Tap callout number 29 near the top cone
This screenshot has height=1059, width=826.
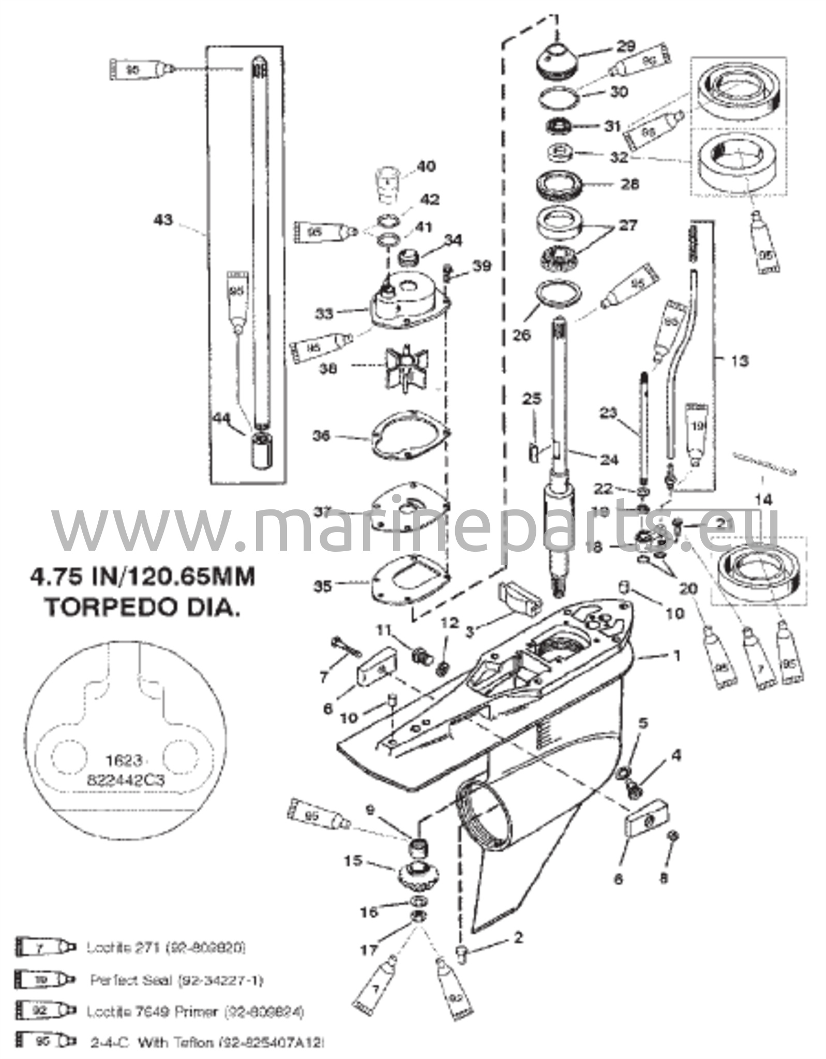625,47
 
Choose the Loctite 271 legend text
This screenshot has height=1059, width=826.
166,948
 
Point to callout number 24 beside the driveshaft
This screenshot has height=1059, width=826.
608,459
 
